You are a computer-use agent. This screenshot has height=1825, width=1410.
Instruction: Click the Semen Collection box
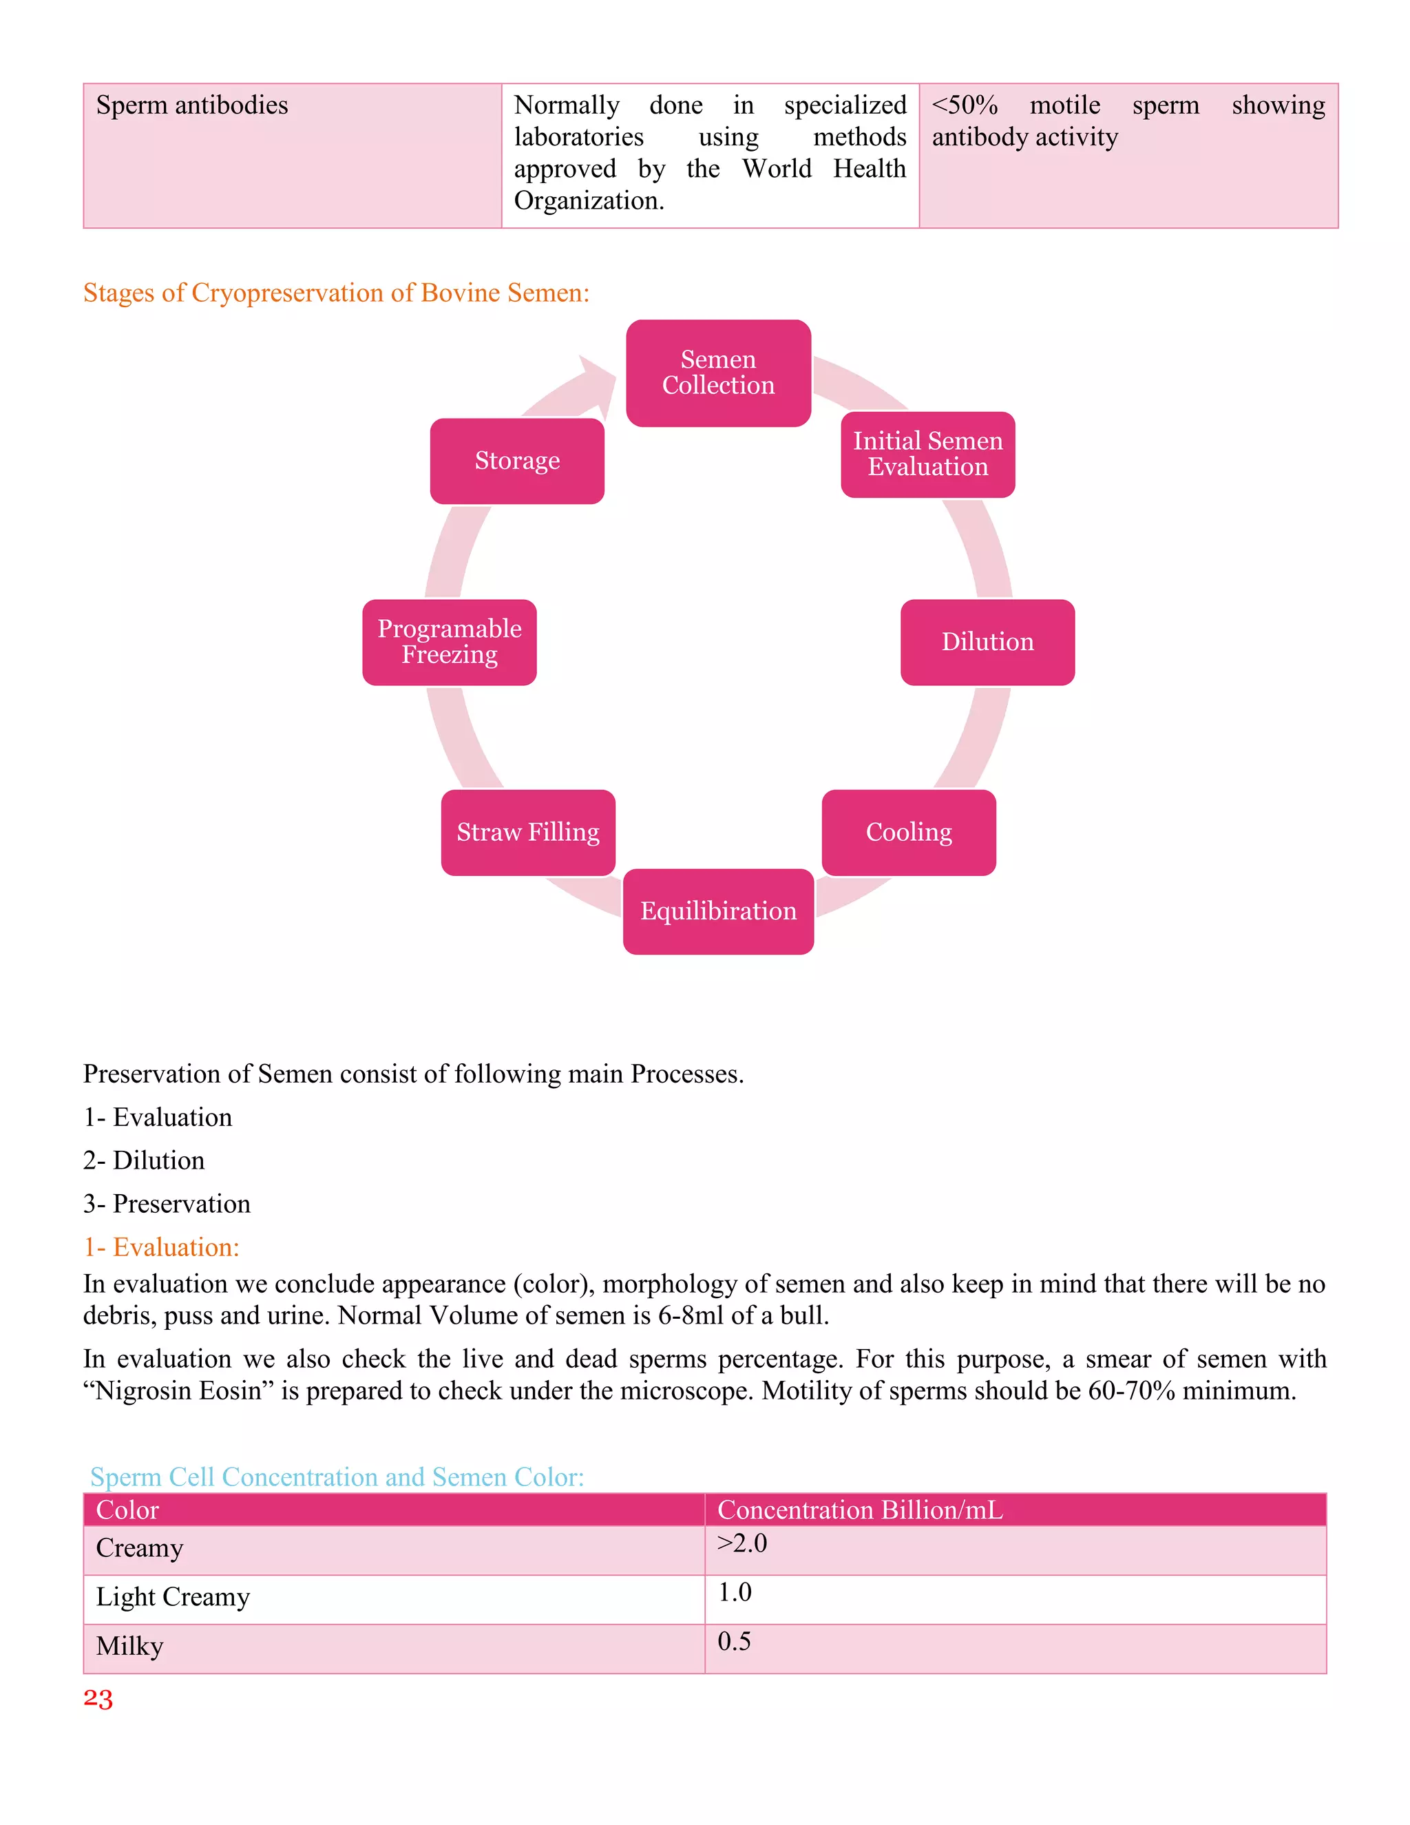pos(718,373)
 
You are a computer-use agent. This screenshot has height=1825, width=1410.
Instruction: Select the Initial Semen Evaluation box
pos(927,454)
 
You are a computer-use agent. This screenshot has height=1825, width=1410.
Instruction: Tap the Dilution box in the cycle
pos(987,642)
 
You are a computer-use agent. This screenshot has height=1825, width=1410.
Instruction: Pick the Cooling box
pos(909,833)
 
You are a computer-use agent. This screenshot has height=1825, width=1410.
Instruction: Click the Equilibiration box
pos(718,911)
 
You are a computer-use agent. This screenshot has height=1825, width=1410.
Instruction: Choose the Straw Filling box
pos(528,833)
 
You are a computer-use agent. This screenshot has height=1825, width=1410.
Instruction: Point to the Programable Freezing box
pos(450,642)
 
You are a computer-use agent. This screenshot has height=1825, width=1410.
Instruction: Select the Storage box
pos(517,461)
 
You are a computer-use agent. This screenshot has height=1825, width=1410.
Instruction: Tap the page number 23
pos(98,1699)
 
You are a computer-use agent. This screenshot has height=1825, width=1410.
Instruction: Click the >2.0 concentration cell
pos(741,1543)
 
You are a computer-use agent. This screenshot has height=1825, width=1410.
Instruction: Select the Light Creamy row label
pos(173,1597)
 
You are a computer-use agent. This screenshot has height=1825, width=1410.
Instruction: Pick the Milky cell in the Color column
pos(129,1646)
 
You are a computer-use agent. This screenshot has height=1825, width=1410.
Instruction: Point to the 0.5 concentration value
pos(734,1641)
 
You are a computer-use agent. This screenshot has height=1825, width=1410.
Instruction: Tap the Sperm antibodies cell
pos(192,105)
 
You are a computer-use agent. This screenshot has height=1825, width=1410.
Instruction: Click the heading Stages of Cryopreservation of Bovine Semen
pos(336,293)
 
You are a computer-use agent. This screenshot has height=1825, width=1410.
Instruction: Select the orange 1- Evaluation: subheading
pos(161,1247)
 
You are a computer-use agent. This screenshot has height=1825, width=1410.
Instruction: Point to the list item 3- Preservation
pos(167,1203)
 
